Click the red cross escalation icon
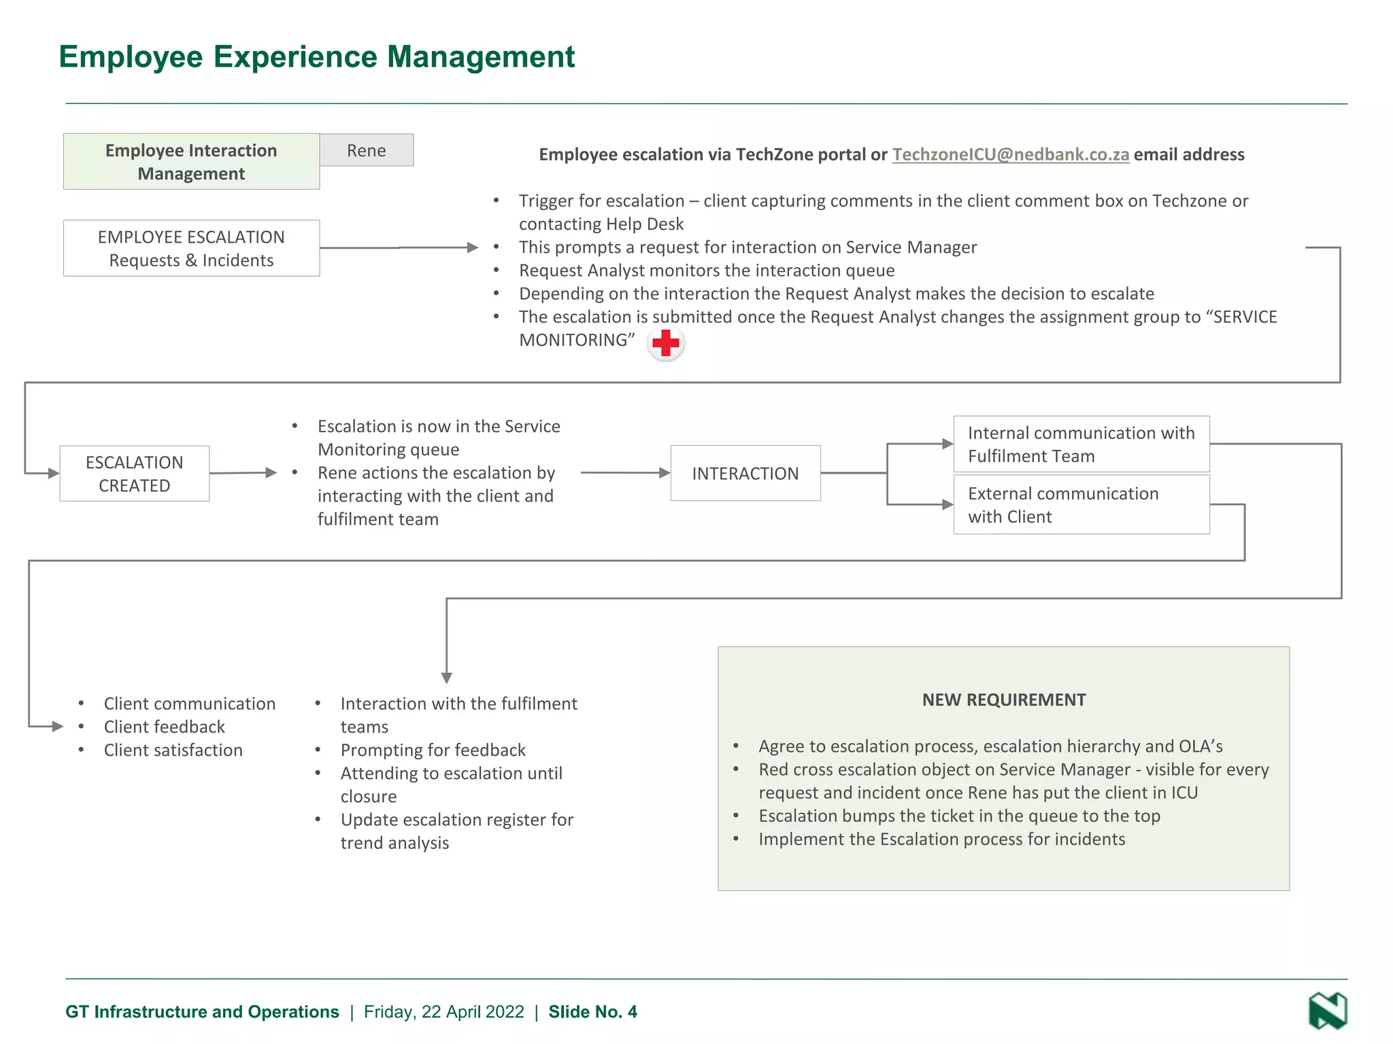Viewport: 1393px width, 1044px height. click(665, 343)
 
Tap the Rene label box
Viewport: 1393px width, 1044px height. click(366, 150)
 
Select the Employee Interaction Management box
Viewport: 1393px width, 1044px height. click(191, 162)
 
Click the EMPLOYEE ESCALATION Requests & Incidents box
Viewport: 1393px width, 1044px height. click(191, 248)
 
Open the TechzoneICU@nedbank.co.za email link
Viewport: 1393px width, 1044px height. click(1010, 154)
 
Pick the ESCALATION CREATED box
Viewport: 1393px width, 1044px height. click(135, 474)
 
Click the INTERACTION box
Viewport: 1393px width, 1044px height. click(745, 474)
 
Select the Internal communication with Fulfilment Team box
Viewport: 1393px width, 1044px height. click(1081, 445)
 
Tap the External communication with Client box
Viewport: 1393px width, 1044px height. click(1081, 505)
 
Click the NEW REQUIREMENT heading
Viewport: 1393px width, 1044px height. click(1003, 700)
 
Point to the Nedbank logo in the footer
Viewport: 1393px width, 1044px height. click(1327, 1011)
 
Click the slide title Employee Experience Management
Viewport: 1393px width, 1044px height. click(316, 57)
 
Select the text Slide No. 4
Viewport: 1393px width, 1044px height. click(592, 1012)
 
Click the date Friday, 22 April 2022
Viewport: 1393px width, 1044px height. click(443, 1012)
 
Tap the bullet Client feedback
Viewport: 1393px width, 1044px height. click(164, 727)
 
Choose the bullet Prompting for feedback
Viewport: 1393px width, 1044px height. click(433, 750)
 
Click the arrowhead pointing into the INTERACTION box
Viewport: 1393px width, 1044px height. click(665, 473)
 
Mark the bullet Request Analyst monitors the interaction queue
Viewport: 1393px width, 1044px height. click(706, 271)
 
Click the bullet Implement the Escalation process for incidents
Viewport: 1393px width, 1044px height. click(941, 839)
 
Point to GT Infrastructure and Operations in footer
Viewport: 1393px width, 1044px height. click(202, 1012)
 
